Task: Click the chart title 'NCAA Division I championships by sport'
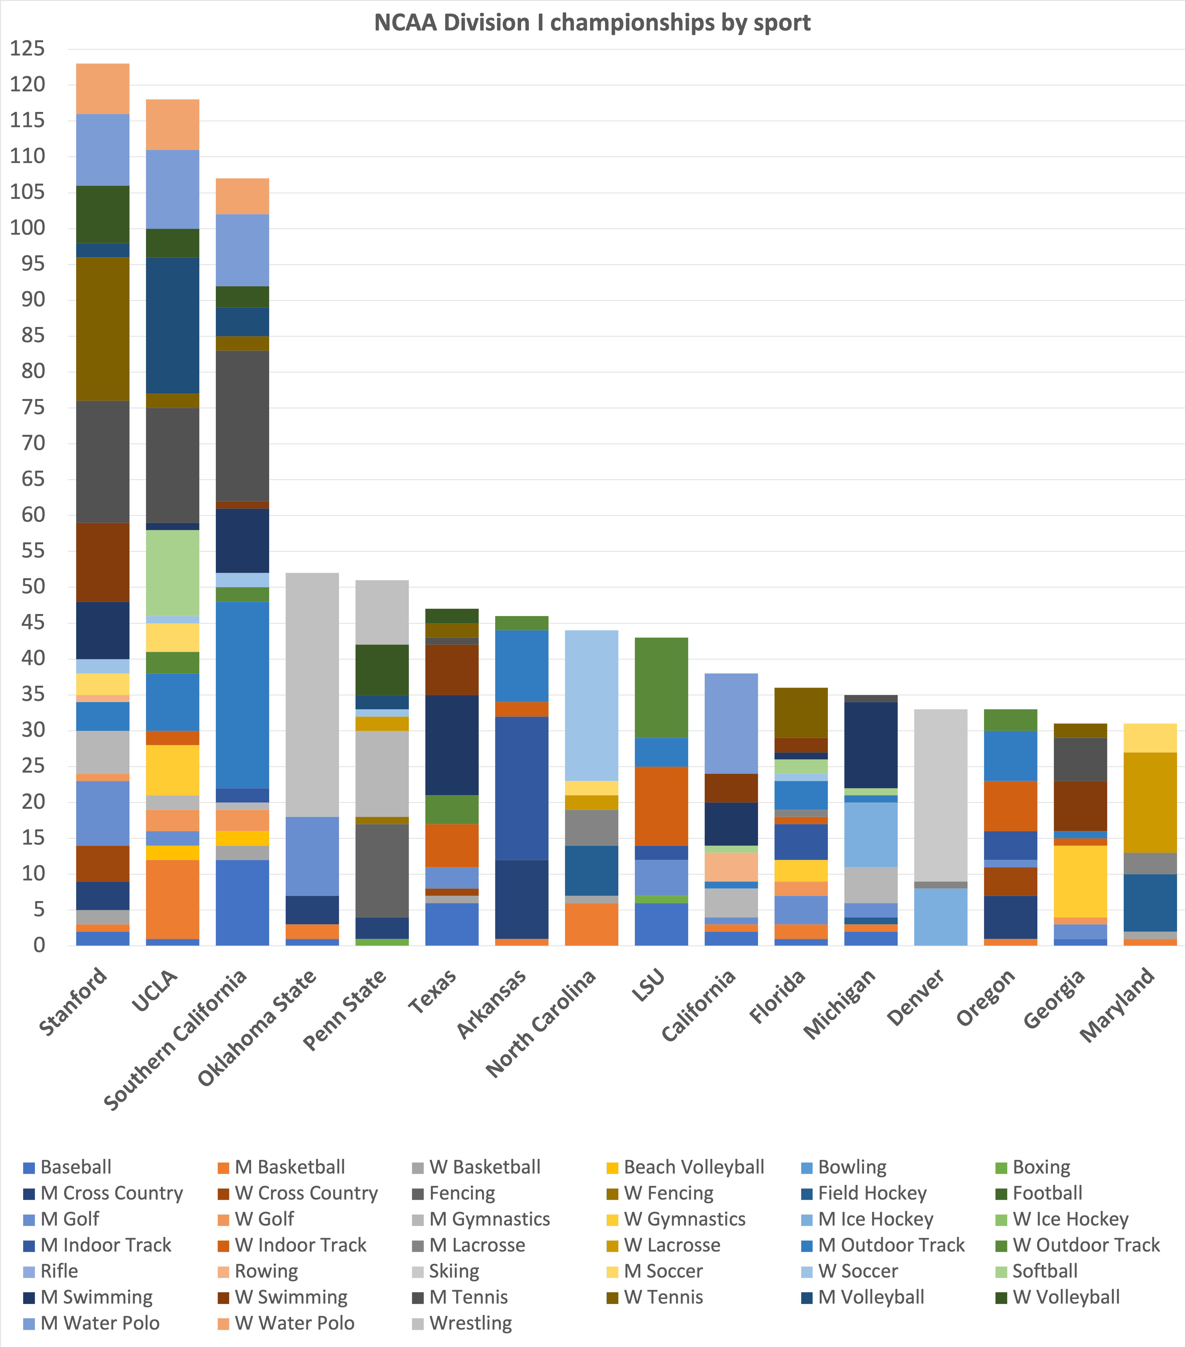(x=592, y=23)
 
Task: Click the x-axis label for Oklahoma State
(x=257, y=1028)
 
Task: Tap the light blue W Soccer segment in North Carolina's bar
(x=591, y=705)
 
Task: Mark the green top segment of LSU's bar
(x=662, y=687)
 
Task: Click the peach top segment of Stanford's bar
(x=103, y=89)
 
